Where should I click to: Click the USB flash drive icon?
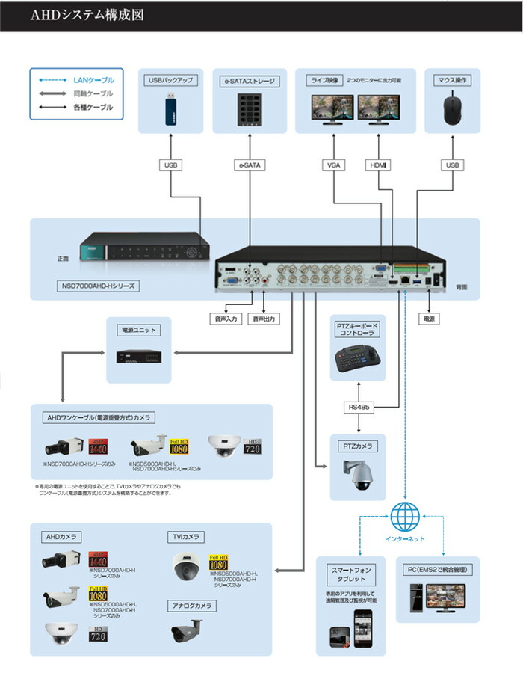[170, 110]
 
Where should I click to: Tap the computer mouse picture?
[451, 109]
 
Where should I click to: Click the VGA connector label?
[333, 164]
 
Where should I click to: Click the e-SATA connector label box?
[250, 164]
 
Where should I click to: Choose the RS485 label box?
[361, 408]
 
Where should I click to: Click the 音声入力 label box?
[224, 319]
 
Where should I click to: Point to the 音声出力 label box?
[264, 319]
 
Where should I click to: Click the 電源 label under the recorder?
[429, 319]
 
